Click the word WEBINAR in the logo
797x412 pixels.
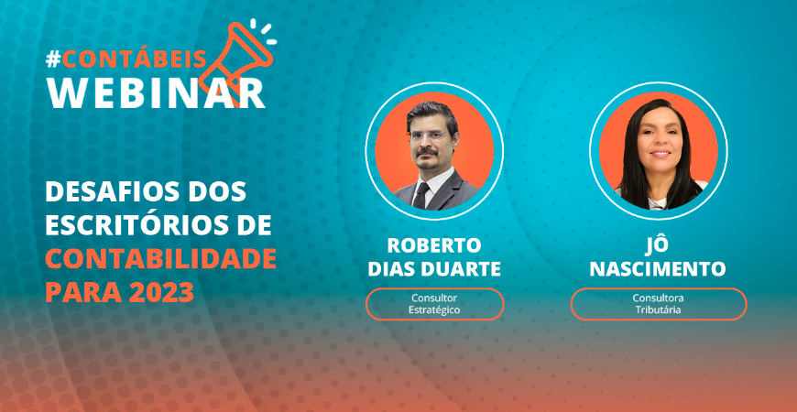pyautogui.click(x=155, y=92)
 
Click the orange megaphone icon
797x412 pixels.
pyautogui.click(x=235, y=49)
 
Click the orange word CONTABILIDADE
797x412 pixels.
pyautogui.click(x=160, y=259)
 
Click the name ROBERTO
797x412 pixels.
pyautogui.click(x=434, y=246)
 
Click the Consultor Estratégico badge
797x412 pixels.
pyautogui.click(x=434, y=304)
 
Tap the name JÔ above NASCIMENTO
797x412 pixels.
pyautogui.click(x=658, y=246)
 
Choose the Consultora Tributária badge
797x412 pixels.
pyautogui.click(x=658, y=304)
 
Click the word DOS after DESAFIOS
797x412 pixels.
pyautogui.click(x=219, y=194)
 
